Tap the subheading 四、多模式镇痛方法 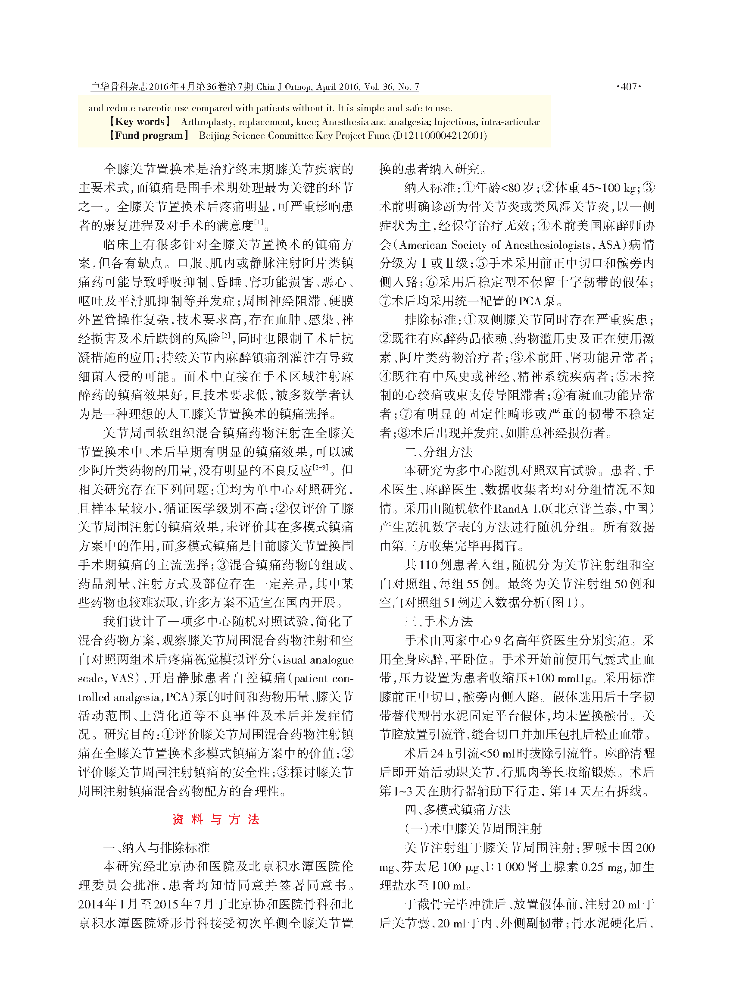(x=458, y=810)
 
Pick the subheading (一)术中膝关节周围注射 (x=473, y=829)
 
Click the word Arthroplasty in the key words (x=206, y=122)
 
